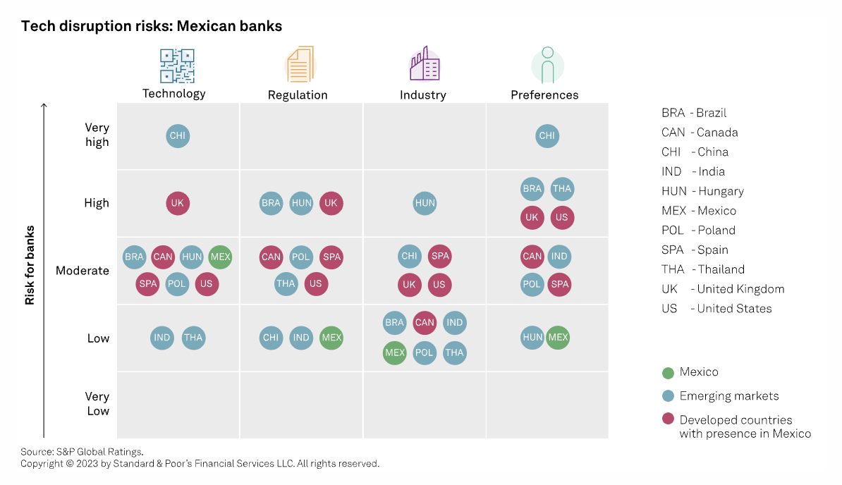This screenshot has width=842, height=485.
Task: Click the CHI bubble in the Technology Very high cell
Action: tap(178, 136)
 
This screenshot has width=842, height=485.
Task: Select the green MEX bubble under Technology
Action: tap(221, 257)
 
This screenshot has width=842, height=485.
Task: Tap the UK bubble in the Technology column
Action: tap(178, 204)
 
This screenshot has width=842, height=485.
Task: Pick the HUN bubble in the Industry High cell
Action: tap(425, 204)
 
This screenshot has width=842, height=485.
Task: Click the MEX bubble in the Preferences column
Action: tap(558, 338)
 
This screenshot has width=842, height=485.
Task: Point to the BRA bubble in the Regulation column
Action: tap(271, 204)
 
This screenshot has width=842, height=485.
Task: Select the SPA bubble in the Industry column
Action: tap(439, 257)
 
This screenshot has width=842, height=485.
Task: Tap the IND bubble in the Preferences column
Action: tap(559, 257)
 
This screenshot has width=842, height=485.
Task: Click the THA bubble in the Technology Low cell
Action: tap(193, 338)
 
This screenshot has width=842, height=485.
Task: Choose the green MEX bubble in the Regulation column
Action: tap(331, 338)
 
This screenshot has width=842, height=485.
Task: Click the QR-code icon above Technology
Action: tap(177, 66)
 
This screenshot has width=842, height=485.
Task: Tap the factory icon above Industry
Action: tap(425, 65)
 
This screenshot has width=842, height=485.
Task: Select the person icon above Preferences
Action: tap(547, 65)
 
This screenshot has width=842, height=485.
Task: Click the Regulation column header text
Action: tap(298, 95)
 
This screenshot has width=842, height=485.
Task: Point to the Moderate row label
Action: tap(83, 271)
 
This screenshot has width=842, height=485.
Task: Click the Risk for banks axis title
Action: tap(30, 265)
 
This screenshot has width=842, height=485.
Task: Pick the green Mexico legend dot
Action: tap(668, 372)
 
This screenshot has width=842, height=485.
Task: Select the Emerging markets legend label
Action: tap(729, 396)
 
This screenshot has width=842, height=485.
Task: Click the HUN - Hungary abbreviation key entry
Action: tap(702, 191)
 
